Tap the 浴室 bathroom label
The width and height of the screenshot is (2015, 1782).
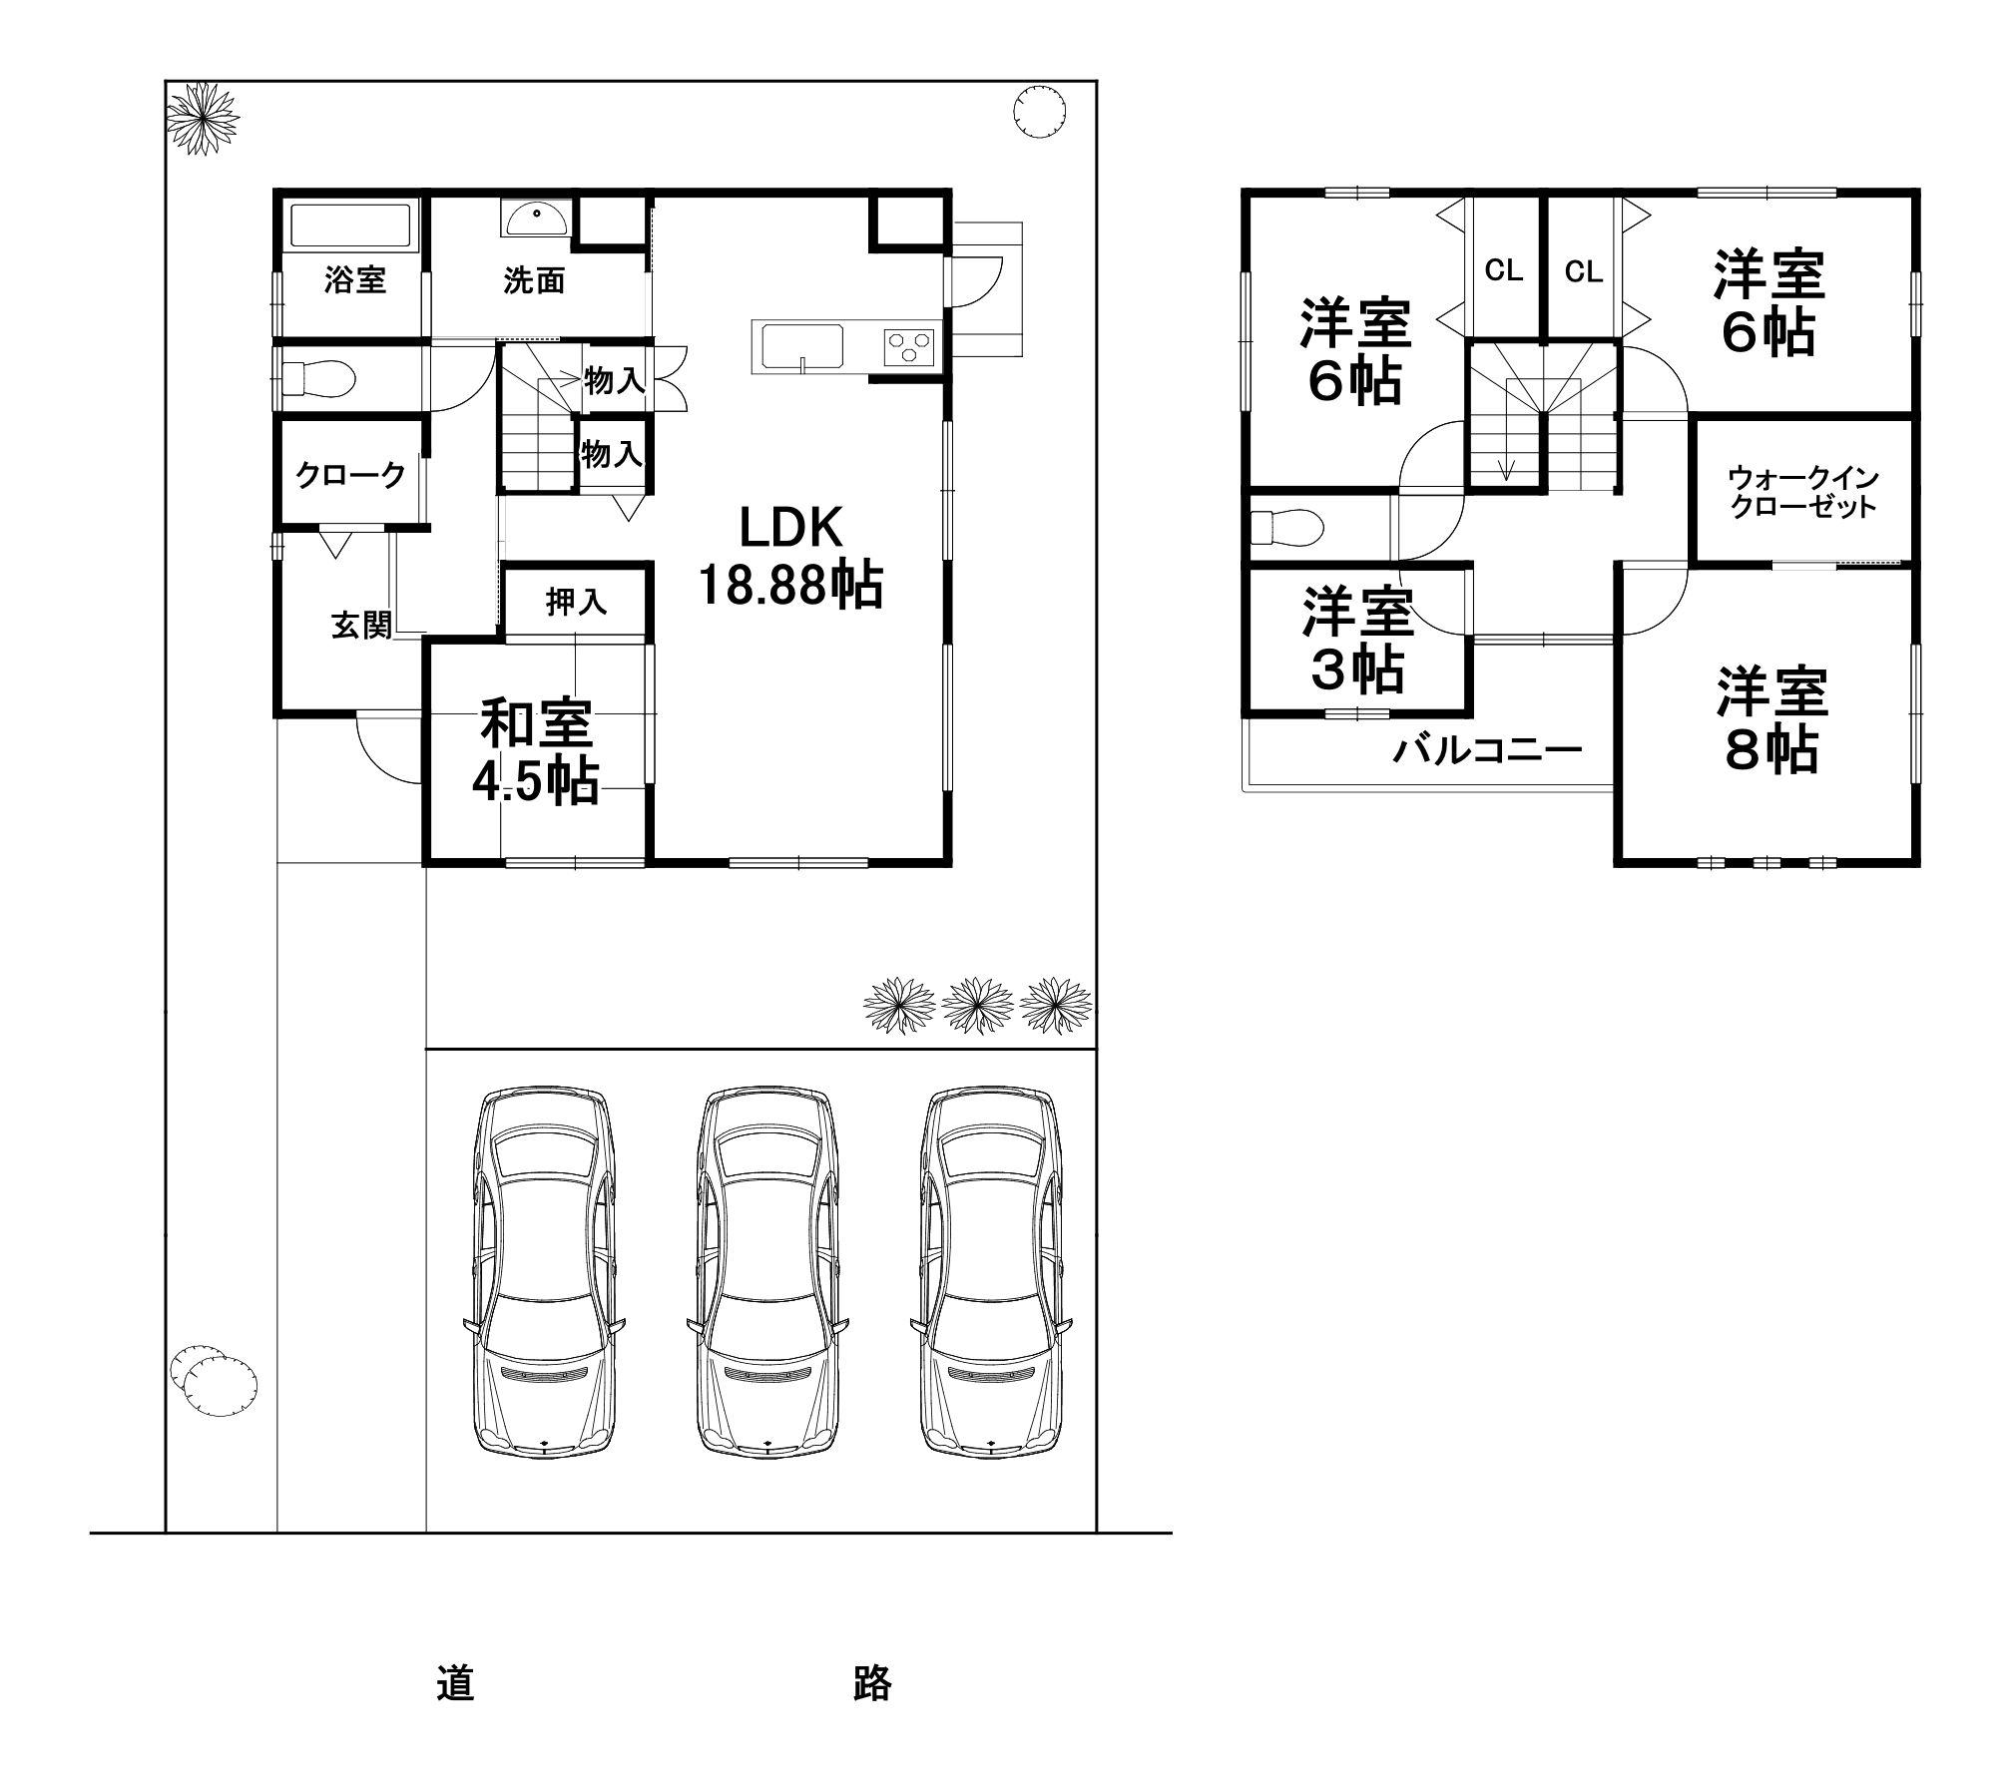[354, 280]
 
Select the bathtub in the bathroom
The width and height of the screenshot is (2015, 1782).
[349, 225]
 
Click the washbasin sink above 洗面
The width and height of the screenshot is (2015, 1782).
[538, 217]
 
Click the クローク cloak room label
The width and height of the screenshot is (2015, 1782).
[350, 475]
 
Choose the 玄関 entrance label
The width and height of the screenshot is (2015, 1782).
[361, 626]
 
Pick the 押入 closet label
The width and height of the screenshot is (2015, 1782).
[576, 602]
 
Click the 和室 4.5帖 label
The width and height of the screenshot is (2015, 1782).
[536, 752]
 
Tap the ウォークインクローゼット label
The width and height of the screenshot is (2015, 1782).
[1802, 491]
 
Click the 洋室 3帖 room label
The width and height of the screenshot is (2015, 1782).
[1357, 642]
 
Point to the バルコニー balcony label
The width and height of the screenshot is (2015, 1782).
[1486, 748]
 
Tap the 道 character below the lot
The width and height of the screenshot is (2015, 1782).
[455, 1682]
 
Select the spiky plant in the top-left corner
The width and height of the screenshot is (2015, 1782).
[203, 118]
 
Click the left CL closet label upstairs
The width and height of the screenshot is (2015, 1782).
[1503, 270]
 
